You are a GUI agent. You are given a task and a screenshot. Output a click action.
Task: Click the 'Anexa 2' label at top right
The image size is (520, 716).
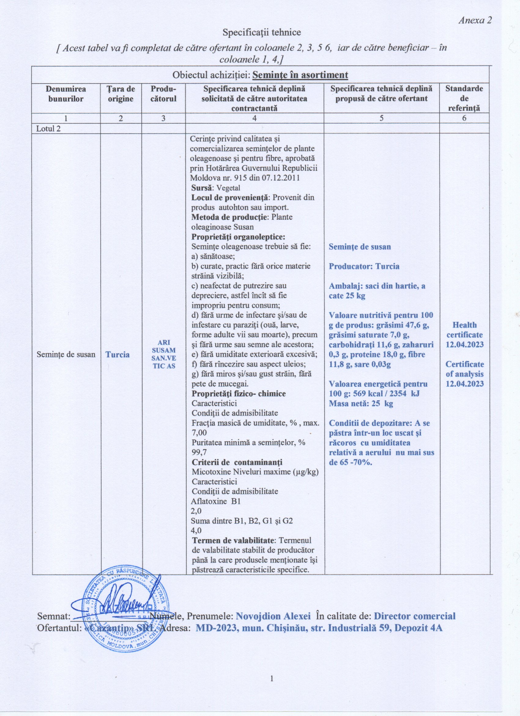[475, 21]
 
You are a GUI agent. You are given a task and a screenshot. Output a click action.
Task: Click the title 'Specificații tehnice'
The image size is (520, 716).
[262, 32]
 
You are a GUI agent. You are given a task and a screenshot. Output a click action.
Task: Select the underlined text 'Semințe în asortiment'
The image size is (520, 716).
[300, 75]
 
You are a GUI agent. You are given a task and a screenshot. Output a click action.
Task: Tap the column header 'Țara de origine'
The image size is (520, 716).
[121, 94]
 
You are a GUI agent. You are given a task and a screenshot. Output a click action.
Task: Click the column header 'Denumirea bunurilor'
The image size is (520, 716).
[66, 94]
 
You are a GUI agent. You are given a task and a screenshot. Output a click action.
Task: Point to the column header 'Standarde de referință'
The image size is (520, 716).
[464, 98]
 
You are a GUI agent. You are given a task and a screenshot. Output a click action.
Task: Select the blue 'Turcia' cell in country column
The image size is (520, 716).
[117, 355]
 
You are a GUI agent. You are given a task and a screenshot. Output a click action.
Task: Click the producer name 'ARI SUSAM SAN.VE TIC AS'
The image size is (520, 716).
[164, 354]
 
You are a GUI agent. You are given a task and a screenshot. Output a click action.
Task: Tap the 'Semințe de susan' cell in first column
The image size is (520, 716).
[66, 354]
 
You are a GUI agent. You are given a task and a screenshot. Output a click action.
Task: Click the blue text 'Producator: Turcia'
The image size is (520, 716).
[364, 266]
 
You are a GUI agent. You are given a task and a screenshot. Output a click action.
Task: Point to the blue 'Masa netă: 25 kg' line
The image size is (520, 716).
[361, 404]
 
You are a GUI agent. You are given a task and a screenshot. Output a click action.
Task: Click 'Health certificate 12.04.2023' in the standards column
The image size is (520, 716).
[464, 335]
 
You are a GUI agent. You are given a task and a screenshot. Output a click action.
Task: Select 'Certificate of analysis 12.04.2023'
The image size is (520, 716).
[464, 374]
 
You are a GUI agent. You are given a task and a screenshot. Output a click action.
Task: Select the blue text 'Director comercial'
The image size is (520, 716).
[414, 616]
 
